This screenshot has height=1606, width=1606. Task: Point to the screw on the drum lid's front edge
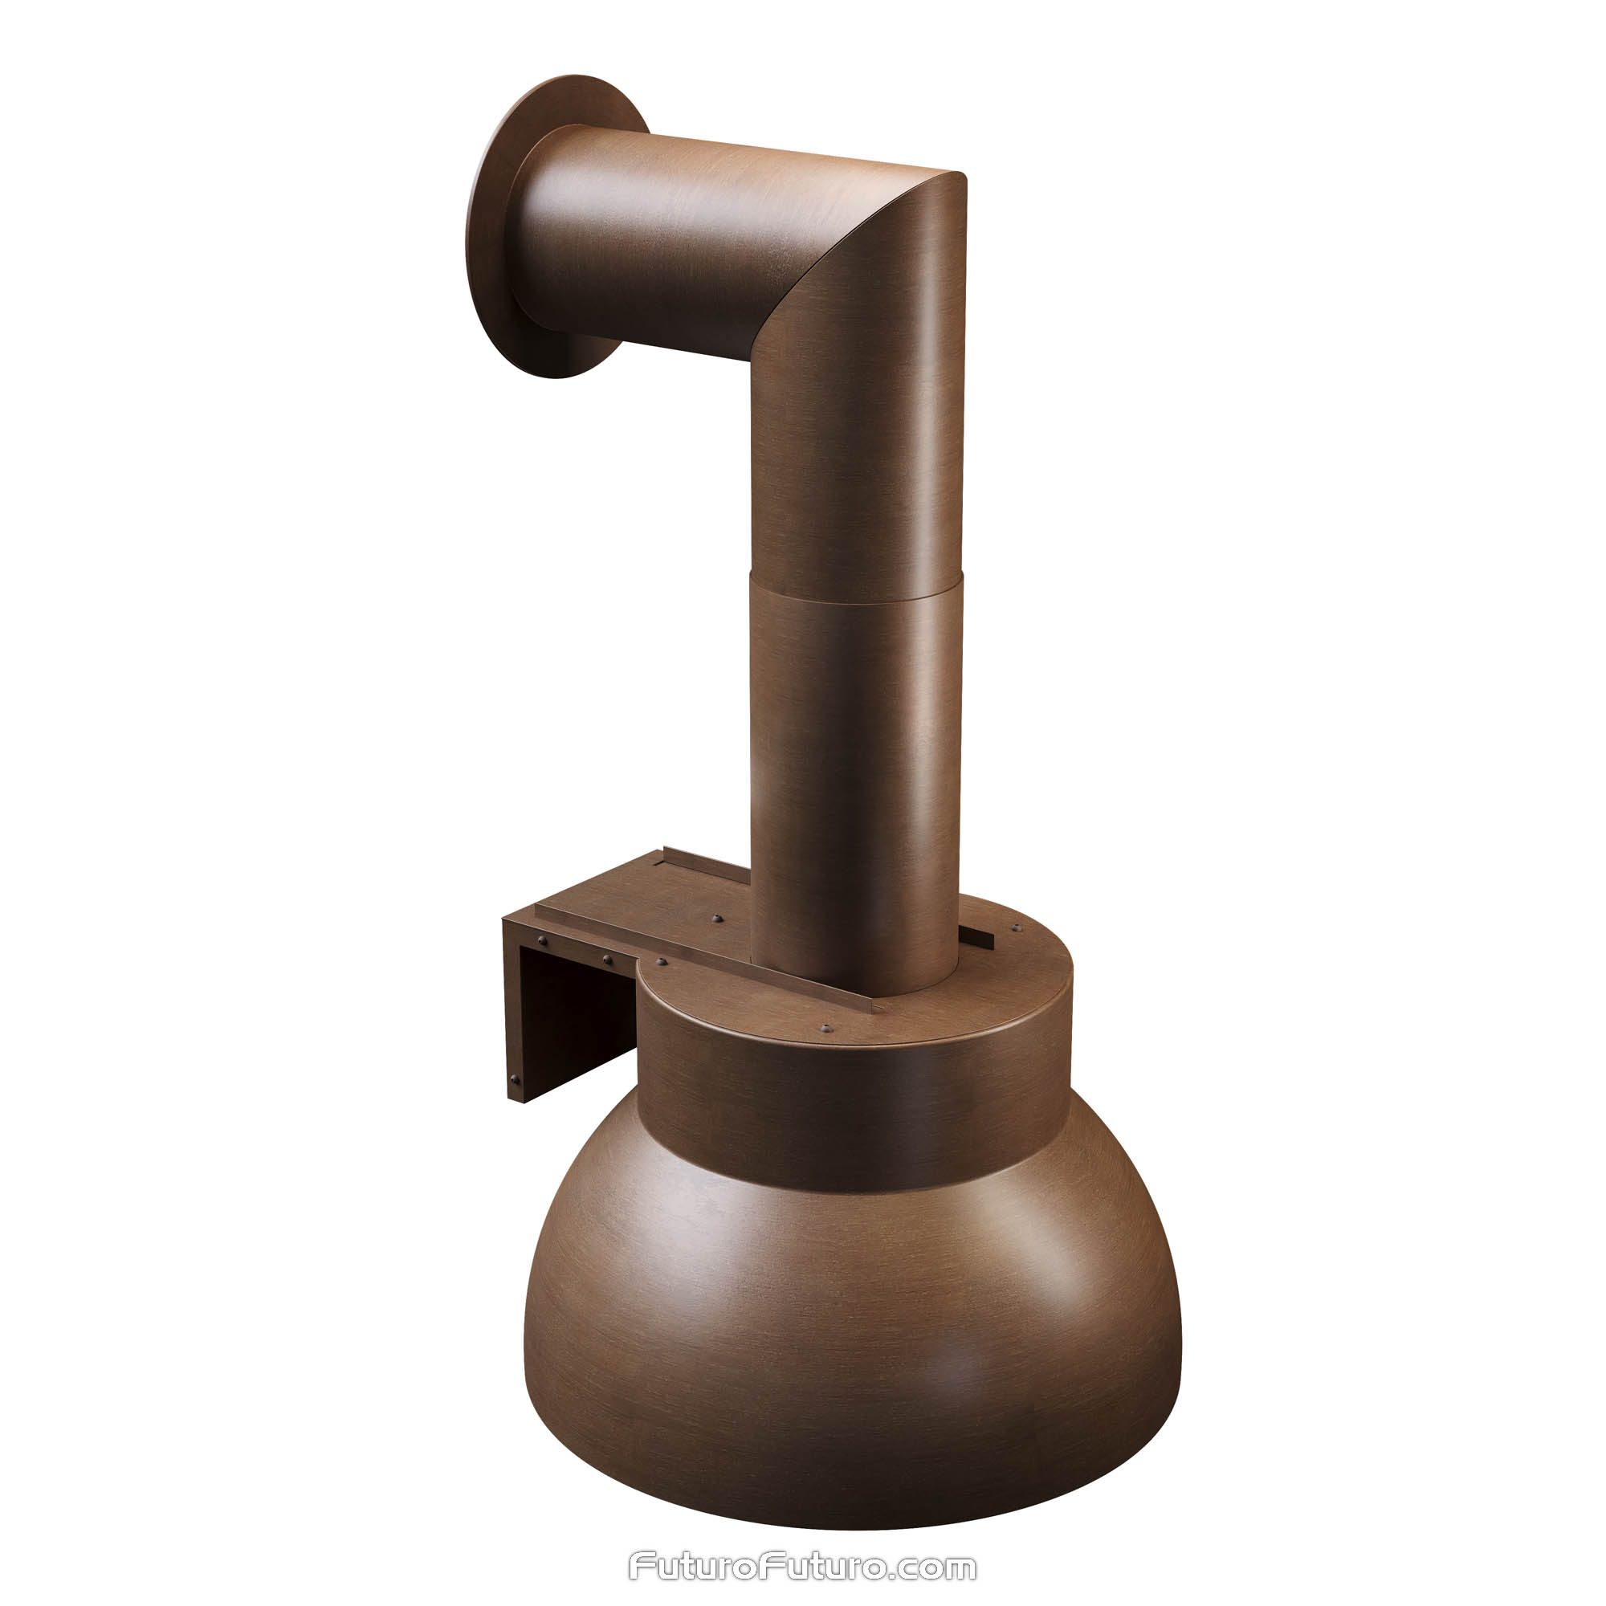[825, 1029]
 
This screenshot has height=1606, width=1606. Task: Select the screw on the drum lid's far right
[1015, 927]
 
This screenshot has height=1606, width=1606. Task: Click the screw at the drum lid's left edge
[662, 962]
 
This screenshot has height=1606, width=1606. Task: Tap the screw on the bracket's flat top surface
[716, 919]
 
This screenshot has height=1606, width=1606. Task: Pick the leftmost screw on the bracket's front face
[543, 941]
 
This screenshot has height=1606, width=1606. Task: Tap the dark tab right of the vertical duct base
[979, 940]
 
